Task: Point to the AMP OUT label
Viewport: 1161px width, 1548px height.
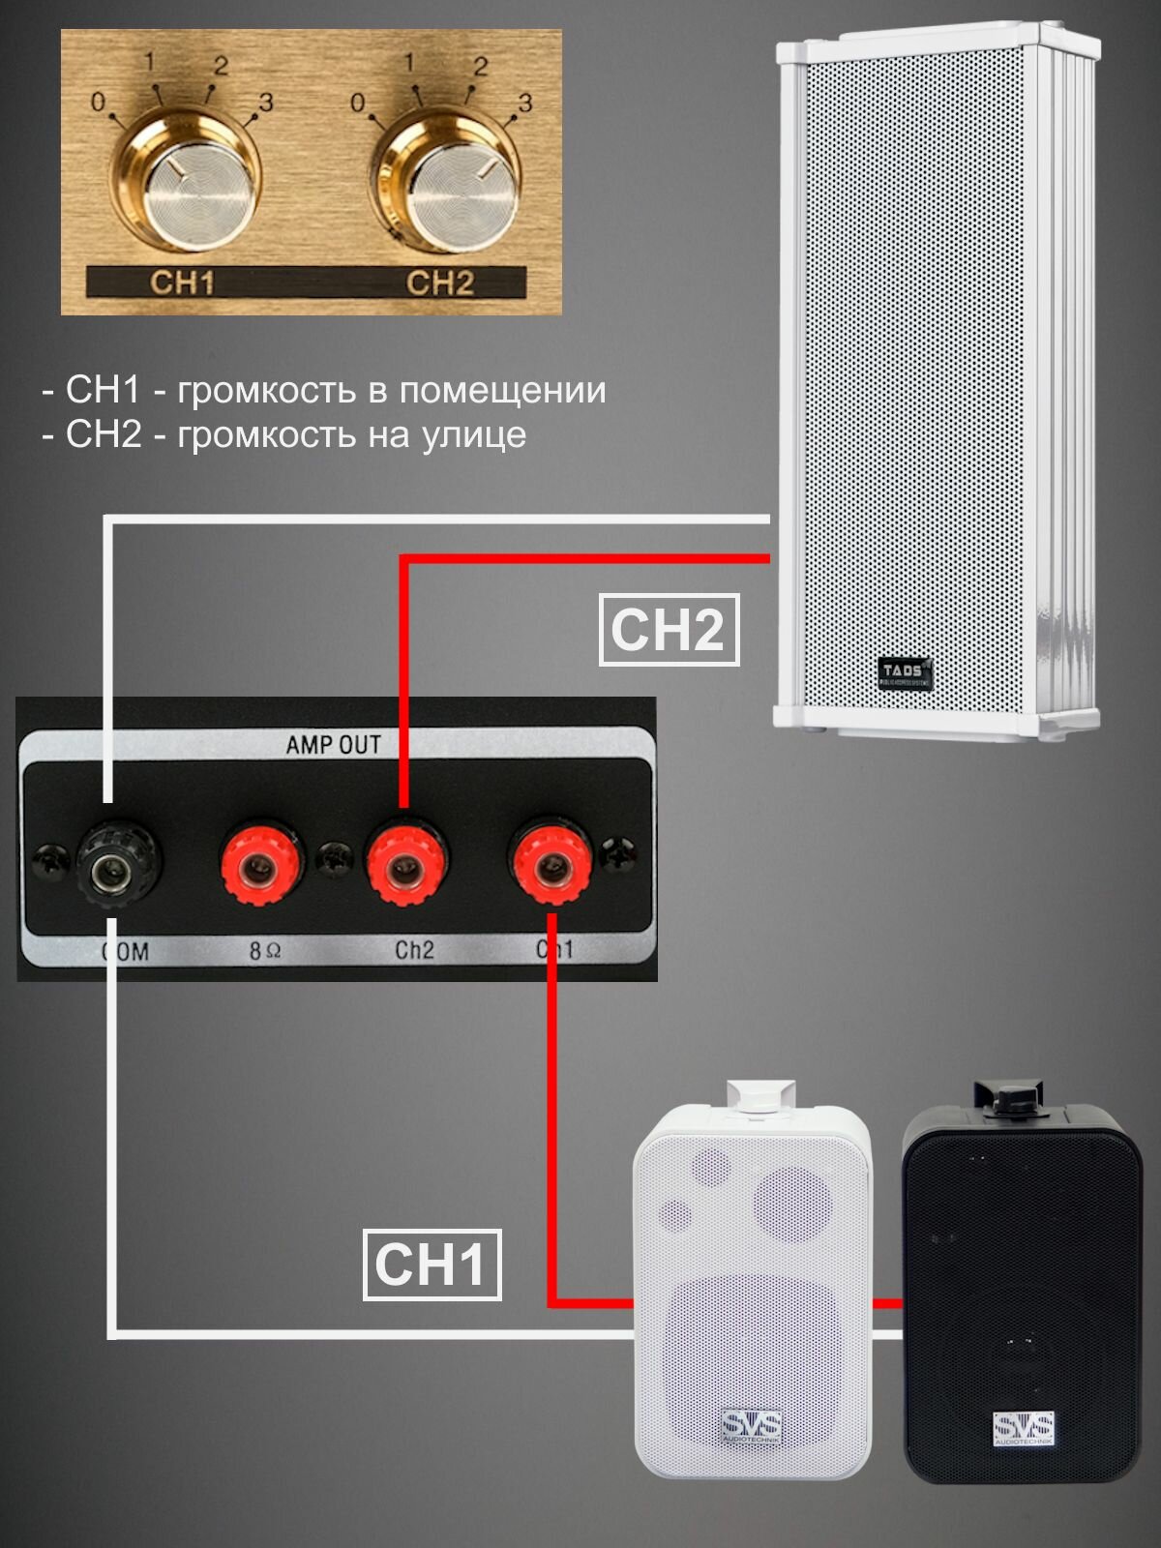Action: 333,745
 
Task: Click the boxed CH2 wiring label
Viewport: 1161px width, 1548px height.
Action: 669,630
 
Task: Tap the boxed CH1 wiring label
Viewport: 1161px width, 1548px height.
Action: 432,1265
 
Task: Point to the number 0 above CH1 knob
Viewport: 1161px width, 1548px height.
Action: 98,101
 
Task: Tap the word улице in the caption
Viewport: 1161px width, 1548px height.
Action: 473,434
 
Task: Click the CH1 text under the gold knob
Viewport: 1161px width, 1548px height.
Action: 182,283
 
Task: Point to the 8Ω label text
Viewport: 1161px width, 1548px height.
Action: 265,951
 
